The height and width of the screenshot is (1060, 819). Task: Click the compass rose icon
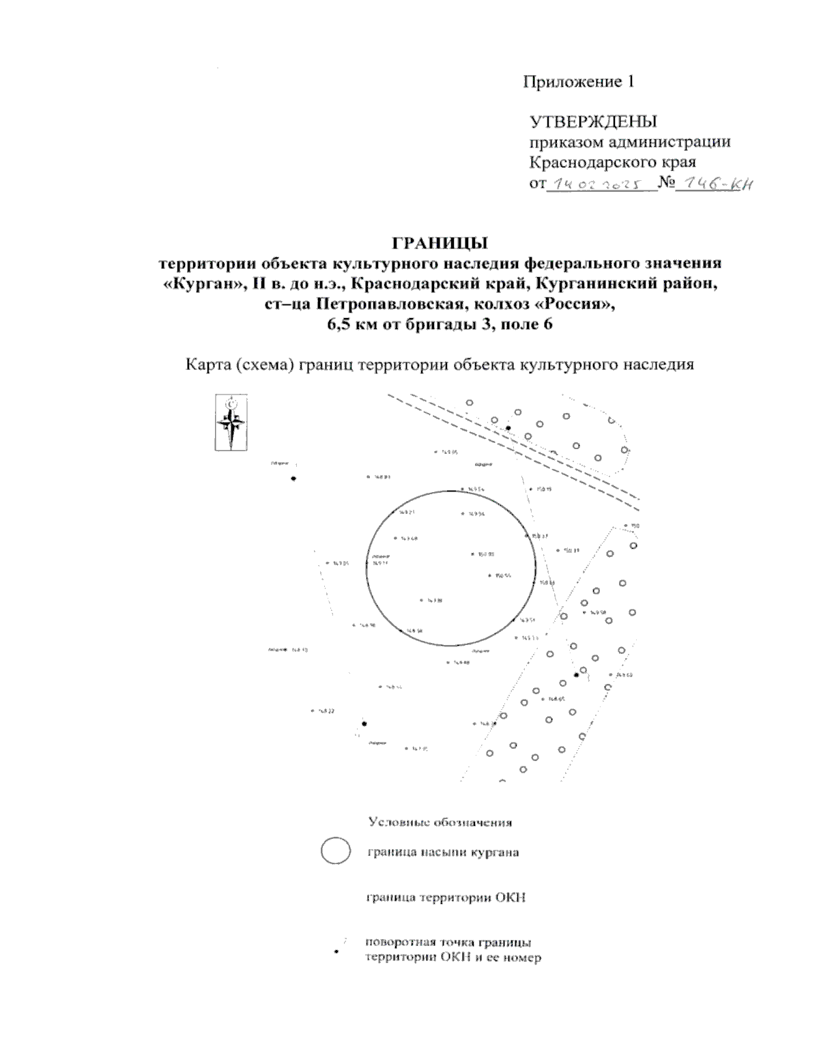click(x=231, y=422)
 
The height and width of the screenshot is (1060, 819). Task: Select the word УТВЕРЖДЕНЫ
click(x=593, y=122)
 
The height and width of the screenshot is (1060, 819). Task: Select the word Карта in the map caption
click(x=207, y=364)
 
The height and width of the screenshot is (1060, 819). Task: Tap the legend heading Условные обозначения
click(x=440, y=822)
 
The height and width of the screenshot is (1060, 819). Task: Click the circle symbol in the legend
click(x=335, y=851)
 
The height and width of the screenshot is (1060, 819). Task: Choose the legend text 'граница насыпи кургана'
click(x=443, y=853)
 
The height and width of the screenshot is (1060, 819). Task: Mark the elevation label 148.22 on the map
click(x=326, y=711)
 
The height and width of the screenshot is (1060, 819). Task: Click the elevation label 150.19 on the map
click(x=544, y=489)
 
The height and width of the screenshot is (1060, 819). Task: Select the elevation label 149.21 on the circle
click(x=407, y=512)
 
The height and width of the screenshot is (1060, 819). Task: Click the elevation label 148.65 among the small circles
click(x=556, y=699)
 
